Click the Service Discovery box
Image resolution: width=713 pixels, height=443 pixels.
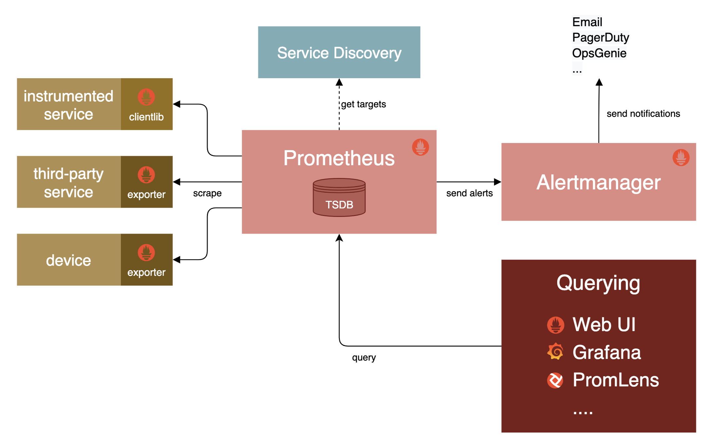click(339, 52)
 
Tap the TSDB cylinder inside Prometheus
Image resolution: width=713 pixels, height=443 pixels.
click(339, 198)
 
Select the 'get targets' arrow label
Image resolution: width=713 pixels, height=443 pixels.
click(363, 104)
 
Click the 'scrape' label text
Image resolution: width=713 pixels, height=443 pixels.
click(207, 193)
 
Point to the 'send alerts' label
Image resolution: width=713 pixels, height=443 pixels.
click(469, 193)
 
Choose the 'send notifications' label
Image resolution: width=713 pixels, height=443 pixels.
click(643, 114)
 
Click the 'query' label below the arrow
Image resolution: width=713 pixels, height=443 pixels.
click(364, 358)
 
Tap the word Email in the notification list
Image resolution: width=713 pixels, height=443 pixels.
click(587, 22)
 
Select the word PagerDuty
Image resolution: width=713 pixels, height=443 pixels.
click(600, 38)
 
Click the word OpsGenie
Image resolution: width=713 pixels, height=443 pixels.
click(599, 53)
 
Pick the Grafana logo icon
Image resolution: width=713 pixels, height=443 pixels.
click(555, 351)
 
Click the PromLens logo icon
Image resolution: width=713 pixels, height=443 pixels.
click(555, 380)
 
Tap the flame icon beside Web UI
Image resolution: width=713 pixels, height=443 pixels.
click(556, 325)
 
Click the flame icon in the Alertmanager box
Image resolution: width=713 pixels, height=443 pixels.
click(681, 157)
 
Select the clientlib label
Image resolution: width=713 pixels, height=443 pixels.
click(146, 117)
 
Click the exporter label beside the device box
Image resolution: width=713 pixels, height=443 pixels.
click(146, 272)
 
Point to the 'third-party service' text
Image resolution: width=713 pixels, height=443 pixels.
click(68, 183)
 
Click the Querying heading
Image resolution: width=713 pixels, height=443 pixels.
click(598, 283)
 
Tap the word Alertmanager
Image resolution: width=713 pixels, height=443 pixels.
click(598, 182)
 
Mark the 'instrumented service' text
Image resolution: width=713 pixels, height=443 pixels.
click(68, 105)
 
